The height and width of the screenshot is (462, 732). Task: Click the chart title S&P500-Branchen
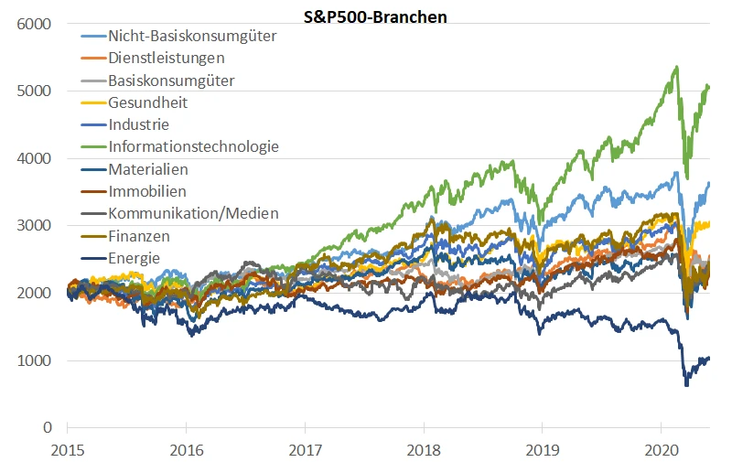(x=376, y=16)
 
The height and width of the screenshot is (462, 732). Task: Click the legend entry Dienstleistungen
(x=166, y=59)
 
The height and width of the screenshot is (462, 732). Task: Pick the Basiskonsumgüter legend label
(x=170, y=81)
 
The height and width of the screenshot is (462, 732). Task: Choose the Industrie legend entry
(x=138, y=124)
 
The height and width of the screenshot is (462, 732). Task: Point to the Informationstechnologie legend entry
(x=193, y=146)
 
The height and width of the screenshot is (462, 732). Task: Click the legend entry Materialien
(x=149, y=170)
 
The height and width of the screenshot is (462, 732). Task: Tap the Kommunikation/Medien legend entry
(x=193, y=214)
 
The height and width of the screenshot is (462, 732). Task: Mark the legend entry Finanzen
(x=139, y=236)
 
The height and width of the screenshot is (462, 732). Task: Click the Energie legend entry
(x=134, y=258)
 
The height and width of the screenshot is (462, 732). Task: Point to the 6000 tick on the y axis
(x=33, y=24)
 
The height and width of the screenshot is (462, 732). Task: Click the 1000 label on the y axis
(x=33, y=360)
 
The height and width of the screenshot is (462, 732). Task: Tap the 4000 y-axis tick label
(x=33, y=158)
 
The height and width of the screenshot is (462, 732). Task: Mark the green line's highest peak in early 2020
(x=675, y=67)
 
